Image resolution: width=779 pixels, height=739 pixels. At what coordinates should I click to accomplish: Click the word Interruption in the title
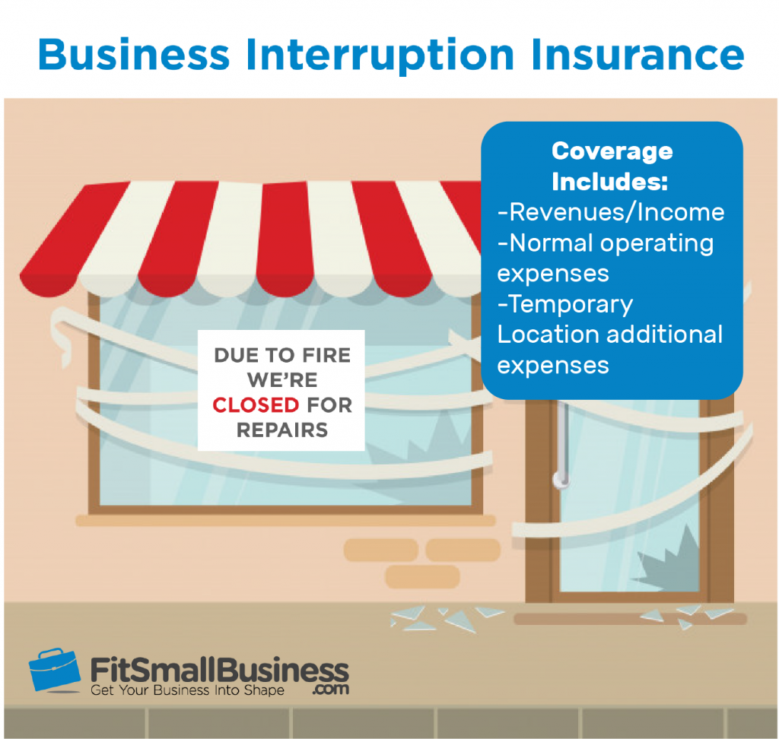click(x=380, y=56)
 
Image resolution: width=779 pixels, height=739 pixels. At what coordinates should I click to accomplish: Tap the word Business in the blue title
click(x=134, y=54)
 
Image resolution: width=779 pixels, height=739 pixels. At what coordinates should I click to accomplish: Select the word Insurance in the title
click(x=638, y=54)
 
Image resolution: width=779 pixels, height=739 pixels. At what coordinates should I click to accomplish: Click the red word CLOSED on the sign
click(x=256, y=404)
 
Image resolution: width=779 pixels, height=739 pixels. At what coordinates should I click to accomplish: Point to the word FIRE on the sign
click(x=326, y=355)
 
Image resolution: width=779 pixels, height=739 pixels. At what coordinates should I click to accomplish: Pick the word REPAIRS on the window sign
click(x=282, y=430)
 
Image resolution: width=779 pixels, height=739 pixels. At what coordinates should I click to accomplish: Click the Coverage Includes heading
click(x=612, y=167)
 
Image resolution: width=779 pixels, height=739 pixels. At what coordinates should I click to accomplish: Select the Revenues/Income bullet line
click(x=611, y=212)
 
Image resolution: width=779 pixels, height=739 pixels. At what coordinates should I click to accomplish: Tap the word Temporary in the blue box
click(x=571, y=304)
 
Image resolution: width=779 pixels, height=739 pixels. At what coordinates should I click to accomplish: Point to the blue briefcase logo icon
click(x=55, y=670)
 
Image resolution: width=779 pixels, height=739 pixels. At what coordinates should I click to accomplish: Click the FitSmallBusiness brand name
click(x=220, y=670)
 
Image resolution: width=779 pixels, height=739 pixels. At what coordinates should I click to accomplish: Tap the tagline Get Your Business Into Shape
click(x=187, y=690)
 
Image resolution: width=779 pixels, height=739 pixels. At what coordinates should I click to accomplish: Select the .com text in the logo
click(x=330, y=690)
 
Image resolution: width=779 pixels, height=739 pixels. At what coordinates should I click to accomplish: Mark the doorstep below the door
click(x=630, y=619)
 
